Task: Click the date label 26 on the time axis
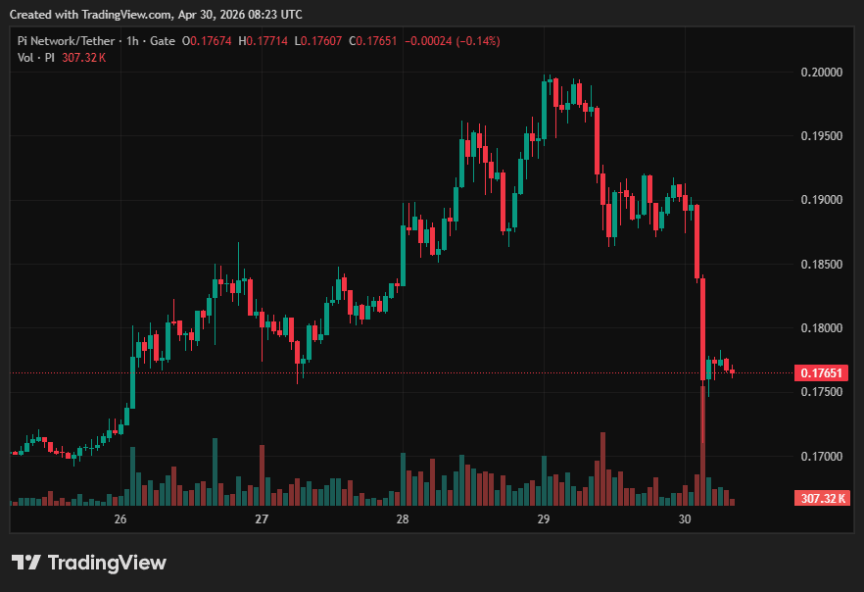[x=120, y=518]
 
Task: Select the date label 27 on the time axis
[x=262, y=518]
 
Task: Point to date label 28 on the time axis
[x=403, y=518]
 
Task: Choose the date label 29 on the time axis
[x=544, y=518]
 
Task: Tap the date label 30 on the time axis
[x=685, y=518]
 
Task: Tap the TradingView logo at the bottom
[x=89, y=563]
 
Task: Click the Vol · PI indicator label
[x=36, y=58]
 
